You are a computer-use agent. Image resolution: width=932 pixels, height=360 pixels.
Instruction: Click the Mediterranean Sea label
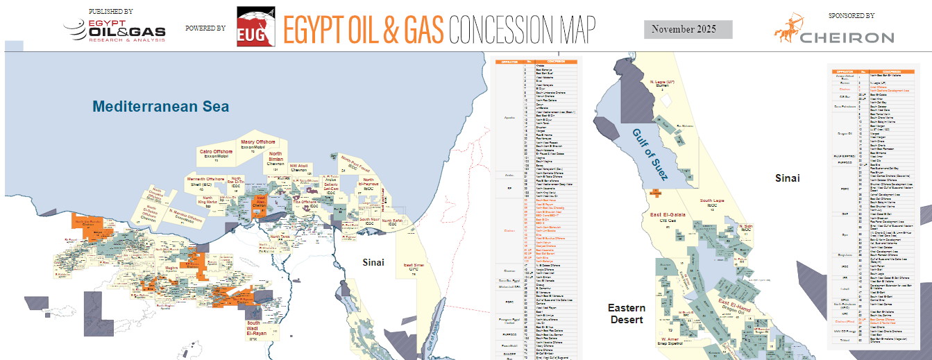161,107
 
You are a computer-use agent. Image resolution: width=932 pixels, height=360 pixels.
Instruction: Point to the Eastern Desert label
627,314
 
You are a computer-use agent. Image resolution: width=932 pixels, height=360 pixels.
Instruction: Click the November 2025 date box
688,30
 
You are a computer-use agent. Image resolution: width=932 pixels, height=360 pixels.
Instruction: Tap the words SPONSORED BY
851,15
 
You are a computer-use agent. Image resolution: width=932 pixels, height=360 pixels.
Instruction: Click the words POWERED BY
205,28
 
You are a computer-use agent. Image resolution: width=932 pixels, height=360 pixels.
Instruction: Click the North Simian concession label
276,157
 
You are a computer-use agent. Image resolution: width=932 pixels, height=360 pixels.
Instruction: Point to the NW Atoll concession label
298,166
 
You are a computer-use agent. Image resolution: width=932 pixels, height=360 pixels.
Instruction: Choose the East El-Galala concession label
668,215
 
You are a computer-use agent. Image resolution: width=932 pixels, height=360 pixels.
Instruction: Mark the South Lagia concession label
712,200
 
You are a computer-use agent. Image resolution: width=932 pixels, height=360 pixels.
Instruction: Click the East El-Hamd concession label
736,303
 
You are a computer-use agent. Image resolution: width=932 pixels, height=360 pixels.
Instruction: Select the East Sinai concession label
414,265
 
